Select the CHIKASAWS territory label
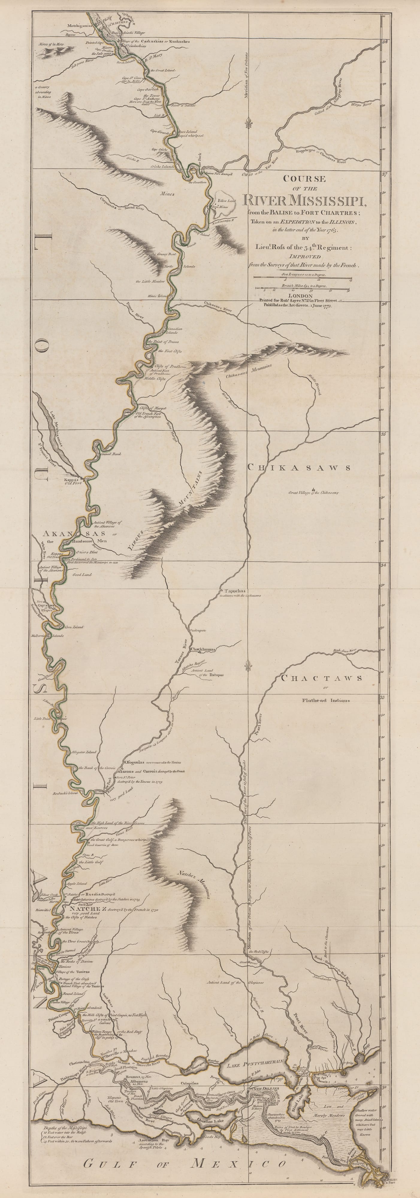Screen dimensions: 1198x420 [298, 468]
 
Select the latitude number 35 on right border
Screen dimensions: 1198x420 [384, 434]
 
